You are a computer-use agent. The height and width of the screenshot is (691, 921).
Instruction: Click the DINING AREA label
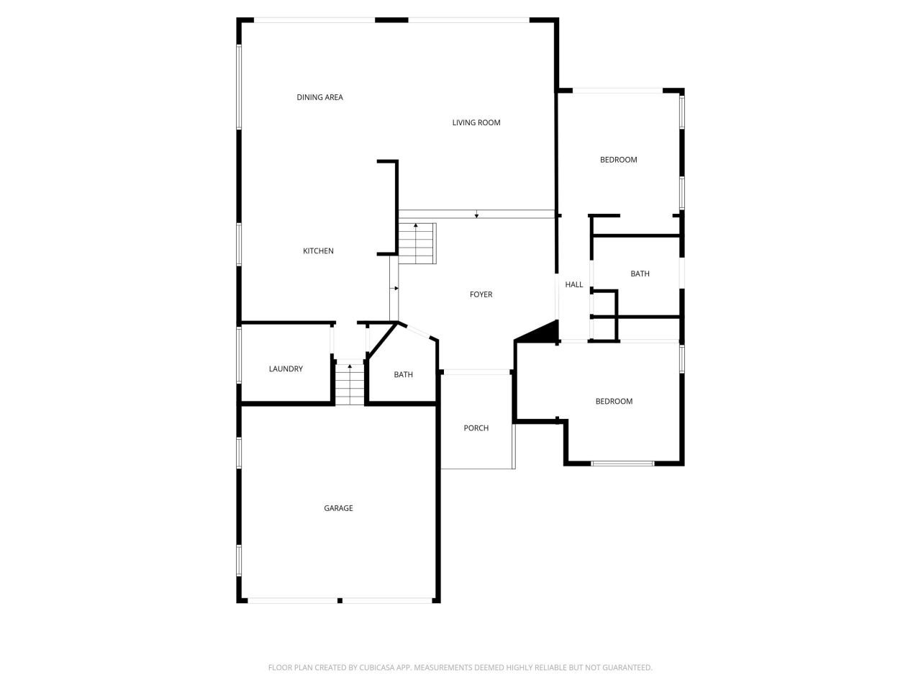319,97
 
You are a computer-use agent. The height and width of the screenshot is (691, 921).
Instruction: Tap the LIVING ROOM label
476,122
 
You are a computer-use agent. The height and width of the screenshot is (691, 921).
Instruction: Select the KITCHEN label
318,251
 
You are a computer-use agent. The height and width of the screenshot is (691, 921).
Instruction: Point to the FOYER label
481,294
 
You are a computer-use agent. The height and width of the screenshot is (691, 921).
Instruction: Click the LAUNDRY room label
286,369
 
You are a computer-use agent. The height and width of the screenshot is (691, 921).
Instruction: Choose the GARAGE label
338,508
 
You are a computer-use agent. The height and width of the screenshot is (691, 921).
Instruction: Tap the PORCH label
476,428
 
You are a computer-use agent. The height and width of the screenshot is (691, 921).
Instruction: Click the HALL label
573,285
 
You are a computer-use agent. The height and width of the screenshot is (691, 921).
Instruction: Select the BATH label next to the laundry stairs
403,374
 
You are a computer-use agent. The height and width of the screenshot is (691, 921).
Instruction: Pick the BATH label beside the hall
640,274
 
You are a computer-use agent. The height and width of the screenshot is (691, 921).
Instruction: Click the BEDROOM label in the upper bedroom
618,160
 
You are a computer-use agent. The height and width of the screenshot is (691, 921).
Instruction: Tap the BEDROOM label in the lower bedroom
614,402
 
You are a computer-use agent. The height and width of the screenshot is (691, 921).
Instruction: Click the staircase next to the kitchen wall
417,243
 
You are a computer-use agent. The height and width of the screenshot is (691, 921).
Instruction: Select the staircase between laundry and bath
350,383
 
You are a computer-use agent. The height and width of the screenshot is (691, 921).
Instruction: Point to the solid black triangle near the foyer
543,333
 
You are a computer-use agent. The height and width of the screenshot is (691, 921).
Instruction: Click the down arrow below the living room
476,214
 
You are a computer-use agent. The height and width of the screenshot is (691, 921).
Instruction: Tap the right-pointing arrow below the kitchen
394,289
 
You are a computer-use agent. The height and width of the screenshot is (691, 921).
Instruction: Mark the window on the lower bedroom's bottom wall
622,464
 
